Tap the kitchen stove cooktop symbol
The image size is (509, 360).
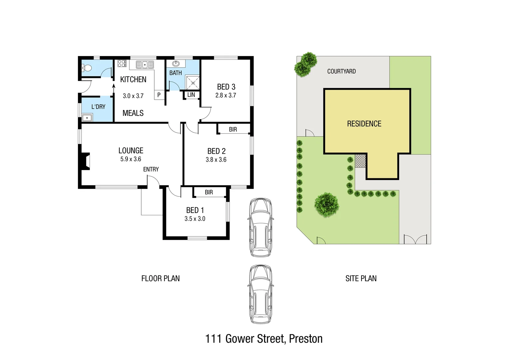pyautogui.click(x=122, y=63)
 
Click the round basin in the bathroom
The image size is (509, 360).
pyautogui.click(x=176, y=64)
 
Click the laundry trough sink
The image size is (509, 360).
pyautogui.click(x=87, y=118)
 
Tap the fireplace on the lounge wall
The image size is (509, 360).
pyautogui.click(x=85, y=161)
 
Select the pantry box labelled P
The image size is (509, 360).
pyautogui.click(x=159, y=95)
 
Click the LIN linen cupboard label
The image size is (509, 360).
pyautogui.click(x=191, y=95)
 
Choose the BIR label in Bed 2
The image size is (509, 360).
pyautogui.click(x=233, y=129)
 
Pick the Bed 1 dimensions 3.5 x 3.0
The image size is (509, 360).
pyautogui.click(x=195, y=219)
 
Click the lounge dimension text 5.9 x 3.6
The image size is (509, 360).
pyautogui.click(x=131, y=159)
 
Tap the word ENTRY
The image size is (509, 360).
pyautogui.click(x=151, y=169)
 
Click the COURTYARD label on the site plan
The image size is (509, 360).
pyautogui.click(x=341, y=71)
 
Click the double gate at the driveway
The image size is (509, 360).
pyautogui.click(x=415, y=239)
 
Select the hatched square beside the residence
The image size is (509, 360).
pyautogui.click(x=360, y=161)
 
